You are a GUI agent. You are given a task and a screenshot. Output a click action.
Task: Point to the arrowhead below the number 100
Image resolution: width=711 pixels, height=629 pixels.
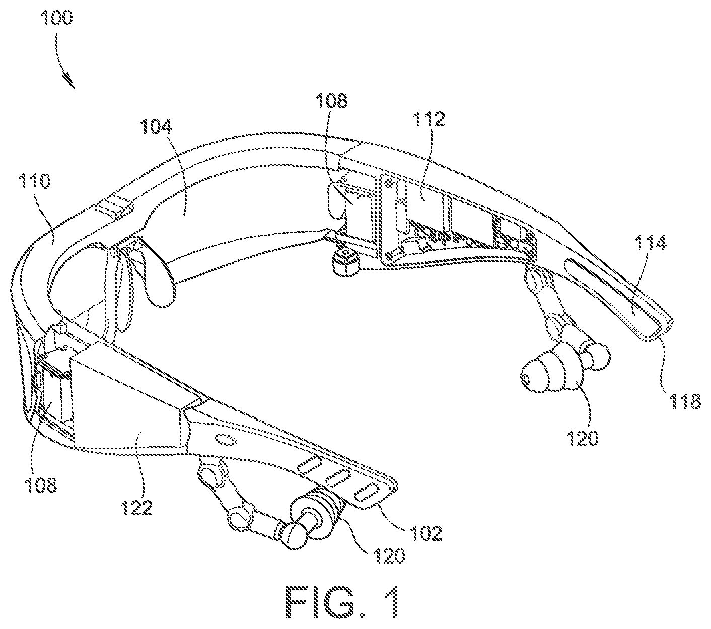70,82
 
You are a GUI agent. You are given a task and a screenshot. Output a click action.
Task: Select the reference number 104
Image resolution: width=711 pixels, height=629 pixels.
156,127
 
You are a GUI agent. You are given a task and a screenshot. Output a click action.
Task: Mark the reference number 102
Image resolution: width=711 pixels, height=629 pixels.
425,532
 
